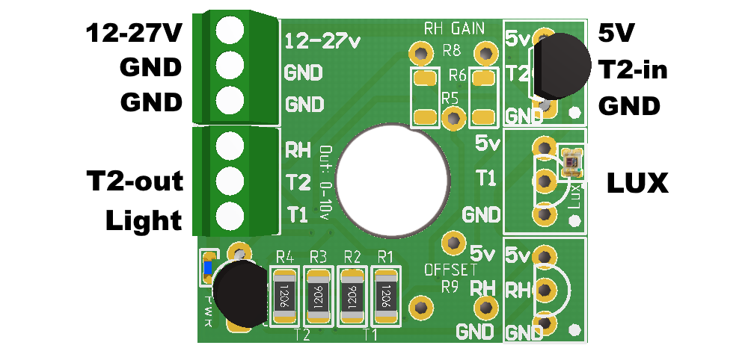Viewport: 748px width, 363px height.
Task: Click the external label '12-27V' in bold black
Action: click(x=134, y=34)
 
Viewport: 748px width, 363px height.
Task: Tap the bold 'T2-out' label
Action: click(x=135, y=181)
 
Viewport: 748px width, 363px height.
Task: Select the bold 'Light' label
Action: click(x=144, y=220)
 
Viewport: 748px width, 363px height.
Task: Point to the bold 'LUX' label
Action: click(x=637, y=183)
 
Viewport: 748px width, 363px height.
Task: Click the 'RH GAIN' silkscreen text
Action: click(x=454, y=29)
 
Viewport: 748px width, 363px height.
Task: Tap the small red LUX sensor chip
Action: click(x=572, y=161)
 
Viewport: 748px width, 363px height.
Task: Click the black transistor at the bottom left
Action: click(x=241, y=294)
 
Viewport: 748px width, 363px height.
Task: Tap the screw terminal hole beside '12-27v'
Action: click(x=230, y=31)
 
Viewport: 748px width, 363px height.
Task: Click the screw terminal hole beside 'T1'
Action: click(x=230, y=217)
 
